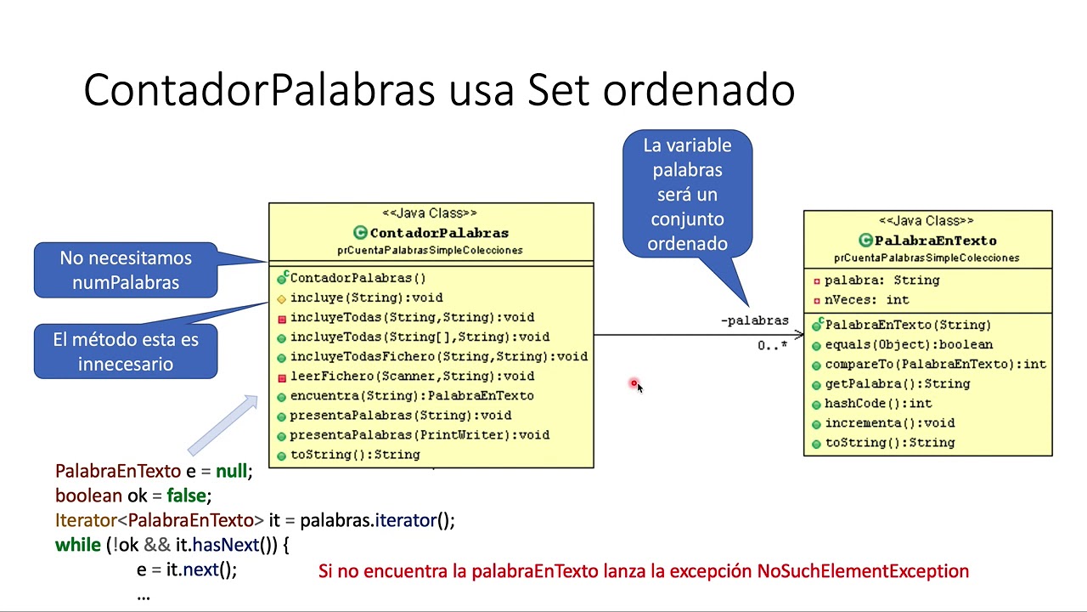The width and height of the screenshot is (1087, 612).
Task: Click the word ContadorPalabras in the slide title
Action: tap(260, 89)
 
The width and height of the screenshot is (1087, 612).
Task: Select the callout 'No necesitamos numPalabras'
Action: tap(126, 270)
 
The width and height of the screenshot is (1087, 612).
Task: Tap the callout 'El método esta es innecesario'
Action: tap(126, 352)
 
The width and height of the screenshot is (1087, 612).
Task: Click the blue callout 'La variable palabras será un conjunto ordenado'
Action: tap(687, 195)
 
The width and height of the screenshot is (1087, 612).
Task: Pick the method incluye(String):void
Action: tap(366, 297)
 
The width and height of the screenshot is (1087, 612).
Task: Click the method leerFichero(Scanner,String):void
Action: tap(412, 376)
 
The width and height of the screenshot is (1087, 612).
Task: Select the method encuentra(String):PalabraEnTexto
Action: tap(412, 395)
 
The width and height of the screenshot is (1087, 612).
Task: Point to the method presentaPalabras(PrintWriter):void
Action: tap(420, 434)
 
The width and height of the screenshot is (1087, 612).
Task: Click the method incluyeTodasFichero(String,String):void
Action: tap(438, 356)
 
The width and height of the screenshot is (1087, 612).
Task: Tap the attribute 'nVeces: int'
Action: tap(866, 299)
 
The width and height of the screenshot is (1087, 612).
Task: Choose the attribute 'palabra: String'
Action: tap(881, 280)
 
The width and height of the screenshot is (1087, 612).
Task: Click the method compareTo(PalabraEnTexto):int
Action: tap(935, 364)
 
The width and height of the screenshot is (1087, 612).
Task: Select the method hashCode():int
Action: tap(878, 403)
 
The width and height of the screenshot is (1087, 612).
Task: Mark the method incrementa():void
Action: tap(889, 422)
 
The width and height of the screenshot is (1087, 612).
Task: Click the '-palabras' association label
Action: tap(754, 320)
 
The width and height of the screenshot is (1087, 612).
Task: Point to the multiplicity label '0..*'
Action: tap(772, 346)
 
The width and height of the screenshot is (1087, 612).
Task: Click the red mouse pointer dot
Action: tap(634, 384)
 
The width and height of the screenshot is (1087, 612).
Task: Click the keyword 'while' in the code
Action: tap(78, 545)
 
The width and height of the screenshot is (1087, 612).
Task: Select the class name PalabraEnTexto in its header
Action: tap(935, 241)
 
